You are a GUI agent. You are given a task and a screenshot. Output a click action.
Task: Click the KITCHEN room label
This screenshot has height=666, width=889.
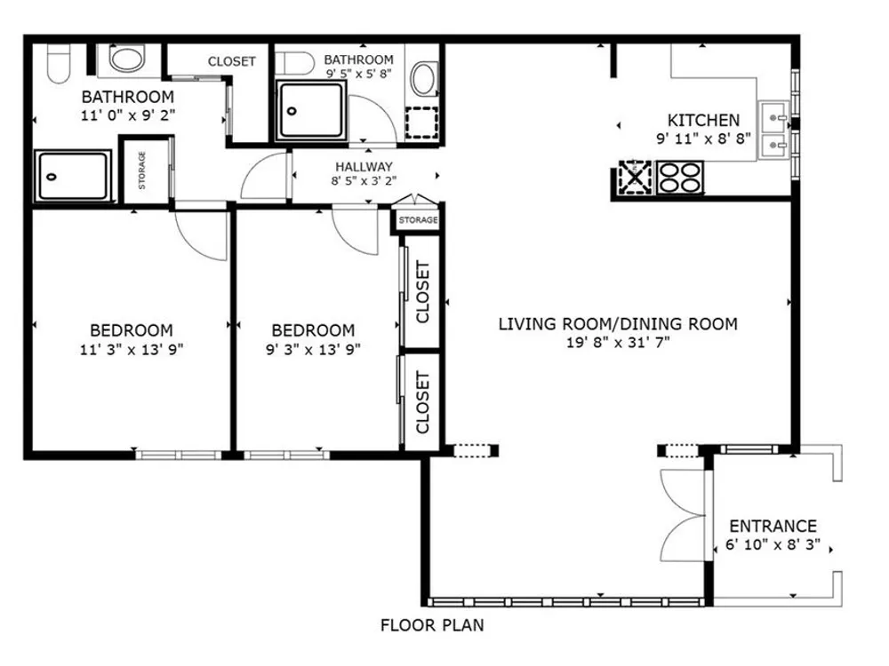click(703, 120)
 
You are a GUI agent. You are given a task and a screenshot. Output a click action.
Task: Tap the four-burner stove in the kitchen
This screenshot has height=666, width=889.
click(680, 178)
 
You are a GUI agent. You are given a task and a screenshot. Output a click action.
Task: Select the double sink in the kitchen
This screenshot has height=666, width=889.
click(774, 131)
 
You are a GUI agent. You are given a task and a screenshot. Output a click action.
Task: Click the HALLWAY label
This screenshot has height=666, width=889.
click(364, 167)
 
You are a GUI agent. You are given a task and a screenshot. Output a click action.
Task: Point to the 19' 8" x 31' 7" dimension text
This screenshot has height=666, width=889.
click(618, 342)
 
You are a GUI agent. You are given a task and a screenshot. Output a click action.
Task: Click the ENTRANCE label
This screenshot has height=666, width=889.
click(773, 526)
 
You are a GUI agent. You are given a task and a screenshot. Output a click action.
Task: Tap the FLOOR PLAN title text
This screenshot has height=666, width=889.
click(432, 625)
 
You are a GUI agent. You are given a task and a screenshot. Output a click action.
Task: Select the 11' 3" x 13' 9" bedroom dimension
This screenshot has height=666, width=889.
click(132, 349)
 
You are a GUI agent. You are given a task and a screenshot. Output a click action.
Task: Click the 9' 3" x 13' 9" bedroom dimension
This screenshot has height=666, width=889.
click(313, 349)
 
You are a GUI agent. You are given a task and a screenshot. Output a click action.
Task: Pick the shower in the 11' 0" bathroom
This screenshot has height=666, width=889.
click(73, 176)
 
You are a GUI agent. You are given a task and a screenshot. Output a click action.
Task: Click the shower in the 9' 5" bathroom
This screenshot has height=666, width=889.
click(310, 110)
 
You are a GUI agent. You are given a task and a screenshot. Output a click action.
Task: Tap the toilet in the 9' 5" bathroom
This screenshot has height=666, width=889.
click(295, 63)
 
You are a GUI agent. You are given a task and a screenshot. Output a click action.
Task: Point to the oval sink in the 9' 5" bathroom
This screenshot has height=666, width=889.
click(424, 79)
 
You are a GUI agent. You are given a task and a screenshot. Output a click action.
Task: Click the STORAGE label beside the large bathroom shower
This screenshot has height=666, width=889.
click(141, 170)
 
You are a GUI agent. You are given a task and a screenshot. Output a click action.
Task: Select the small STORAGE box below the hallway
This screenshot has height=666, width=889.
click(418, 219)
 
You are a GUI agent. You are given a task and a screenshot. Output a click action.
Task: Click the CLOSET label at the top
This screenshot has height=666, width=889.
click(231, 61)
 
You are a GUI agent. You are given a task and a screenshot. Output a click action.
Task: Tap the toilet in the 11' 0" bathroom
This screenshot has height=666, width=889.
click(59, 63)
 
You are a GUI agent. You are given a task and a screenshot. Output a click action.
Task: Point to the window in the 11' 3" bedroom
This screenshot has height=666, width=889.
click(180, 454)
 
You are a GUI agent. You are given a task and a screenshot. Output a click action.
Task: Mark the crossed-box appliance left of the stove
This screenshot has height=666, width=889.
click(635, 178)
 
